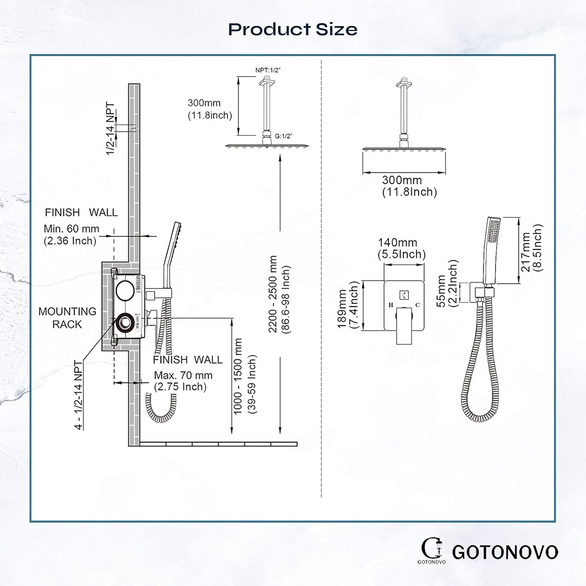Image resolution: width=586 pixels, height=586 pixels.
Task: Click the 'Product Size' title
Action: point(293,29)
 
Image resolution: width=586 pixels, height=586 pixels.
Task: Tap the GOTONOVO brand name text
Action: point(505,552)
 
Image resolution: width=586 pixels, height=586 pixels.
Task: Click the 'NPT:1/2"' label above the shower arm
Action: point(268,70)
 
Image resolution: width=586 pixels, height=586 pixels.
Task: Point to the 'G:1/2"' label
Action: point(283,136)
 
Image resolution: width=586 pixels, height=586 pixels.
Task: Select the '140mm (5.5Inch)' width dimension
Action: point(401,248)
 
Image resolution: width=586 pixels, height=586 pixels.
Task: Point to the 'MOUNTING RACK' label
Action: point(67,318)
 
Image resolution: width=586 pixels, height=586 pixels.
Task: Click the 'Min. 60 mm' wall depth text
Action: point(71,229)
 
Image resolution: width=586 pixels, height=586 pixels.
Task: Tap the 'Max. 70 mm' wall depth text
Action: point(183,375)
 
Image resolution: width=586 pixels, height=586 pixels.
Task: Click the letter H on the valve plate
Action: point(391,305)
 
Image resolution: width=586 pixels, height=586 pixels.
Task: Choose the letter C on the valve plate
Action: point(418,305)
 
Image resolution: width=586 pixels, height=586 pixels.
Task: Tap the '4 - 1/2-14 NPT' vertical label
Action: point(79,395)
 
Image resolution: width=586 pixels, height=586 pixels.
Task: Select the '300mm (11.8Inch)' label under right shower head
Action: point(409,186)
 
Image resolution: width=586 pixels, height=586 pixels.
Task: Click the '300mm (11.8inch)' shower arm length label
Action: point(210,109)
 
